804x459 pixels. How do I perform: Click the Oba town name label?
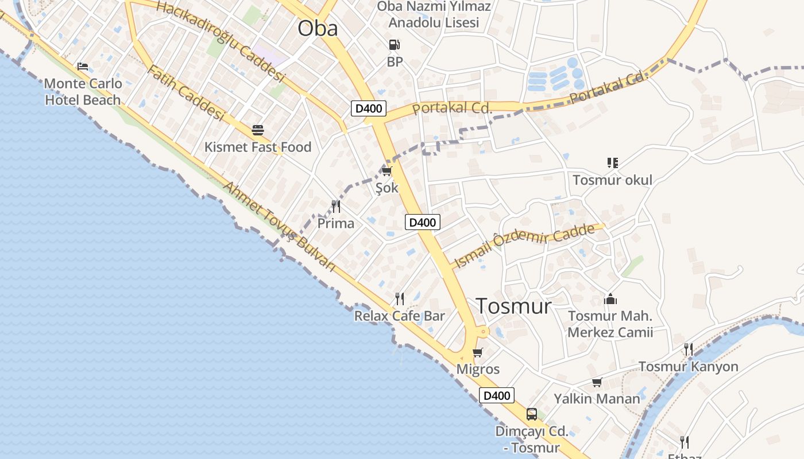[x=318, y=28]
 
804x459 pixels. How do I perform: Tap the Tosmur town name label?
[x=513, y=306]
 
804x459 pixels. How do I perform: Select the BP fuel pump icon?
[x=394, y=45]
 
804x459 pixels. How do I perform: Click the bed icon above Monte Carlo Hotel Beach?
[x=83, y=67]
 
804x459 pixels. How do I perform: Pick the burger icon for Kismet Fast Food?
[x=257, y=130]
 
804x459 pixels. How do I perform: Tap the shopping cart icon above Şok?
[x=386, y=171]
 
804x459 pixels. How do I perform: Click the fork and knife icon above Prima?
[x=336, y=206]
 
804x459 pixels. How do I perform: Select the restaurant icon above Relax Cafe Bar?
[x=400, y=298]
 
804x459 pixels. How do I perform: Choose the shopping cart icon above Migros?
[x=477, y=352]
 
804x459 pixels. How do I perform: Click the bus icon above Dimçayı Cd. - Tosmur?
[x=532, y=414]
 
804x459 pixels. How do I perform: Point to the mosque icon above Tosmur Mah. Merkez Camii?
[x=610, y=299]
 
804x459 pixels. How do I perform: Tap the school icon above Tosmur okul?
[x=612, y=163]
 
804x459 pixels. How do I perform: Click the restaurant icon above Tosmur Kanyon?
[x=688, y=349]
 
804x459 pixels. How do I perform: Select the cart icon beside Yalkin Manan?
[x=597, y=382]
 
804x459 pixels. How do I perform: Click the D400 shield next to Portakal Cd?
[x=369, y=108]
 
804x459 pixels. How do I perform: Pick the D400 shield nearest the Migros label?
[x=497, y=395]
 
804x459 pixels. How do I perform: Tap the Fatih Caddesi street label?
[x=185, y=94]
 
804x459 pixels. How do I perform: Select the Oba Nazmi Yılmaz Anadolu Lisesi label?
[x=434, y=15]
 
